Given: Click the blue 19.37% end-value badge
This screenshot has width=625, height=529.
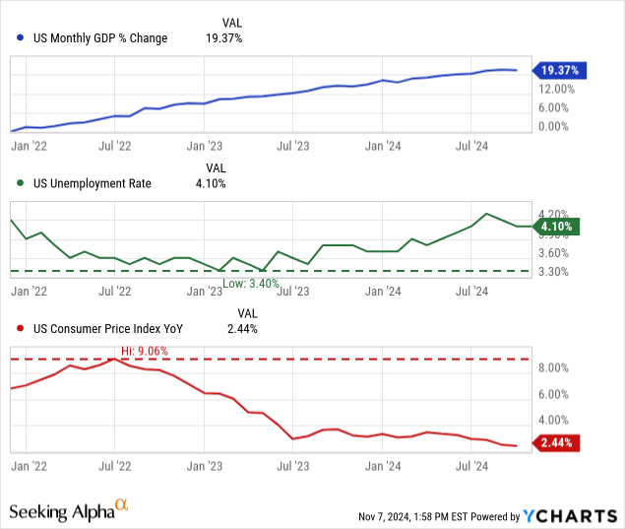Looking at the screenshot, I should pyautogui.click(x=560, y=70).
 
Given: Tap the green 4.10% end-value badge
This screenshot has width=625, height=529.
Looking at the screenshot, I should pyautogui.click(x=560, y=227).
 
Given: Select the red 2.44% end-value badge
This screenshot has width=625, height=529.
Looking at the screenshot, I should pyautogui.click(x=560, y=443).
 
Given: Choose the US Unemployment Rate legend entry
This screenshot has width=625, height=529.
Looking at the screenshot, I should pyautogui.click(x=92, y=183).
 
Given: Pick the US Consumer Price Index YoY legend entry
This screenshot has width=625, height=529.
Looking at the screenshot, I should pyautogui.click(x=108, y=329).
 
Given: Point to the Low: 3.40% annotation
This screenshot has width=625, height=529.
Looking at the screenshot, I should pyautogui.click(x=251, y=283).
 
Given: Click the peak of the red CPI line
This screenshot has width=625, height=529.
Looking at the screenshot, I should pyautogui.click(x=115, y=360).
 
